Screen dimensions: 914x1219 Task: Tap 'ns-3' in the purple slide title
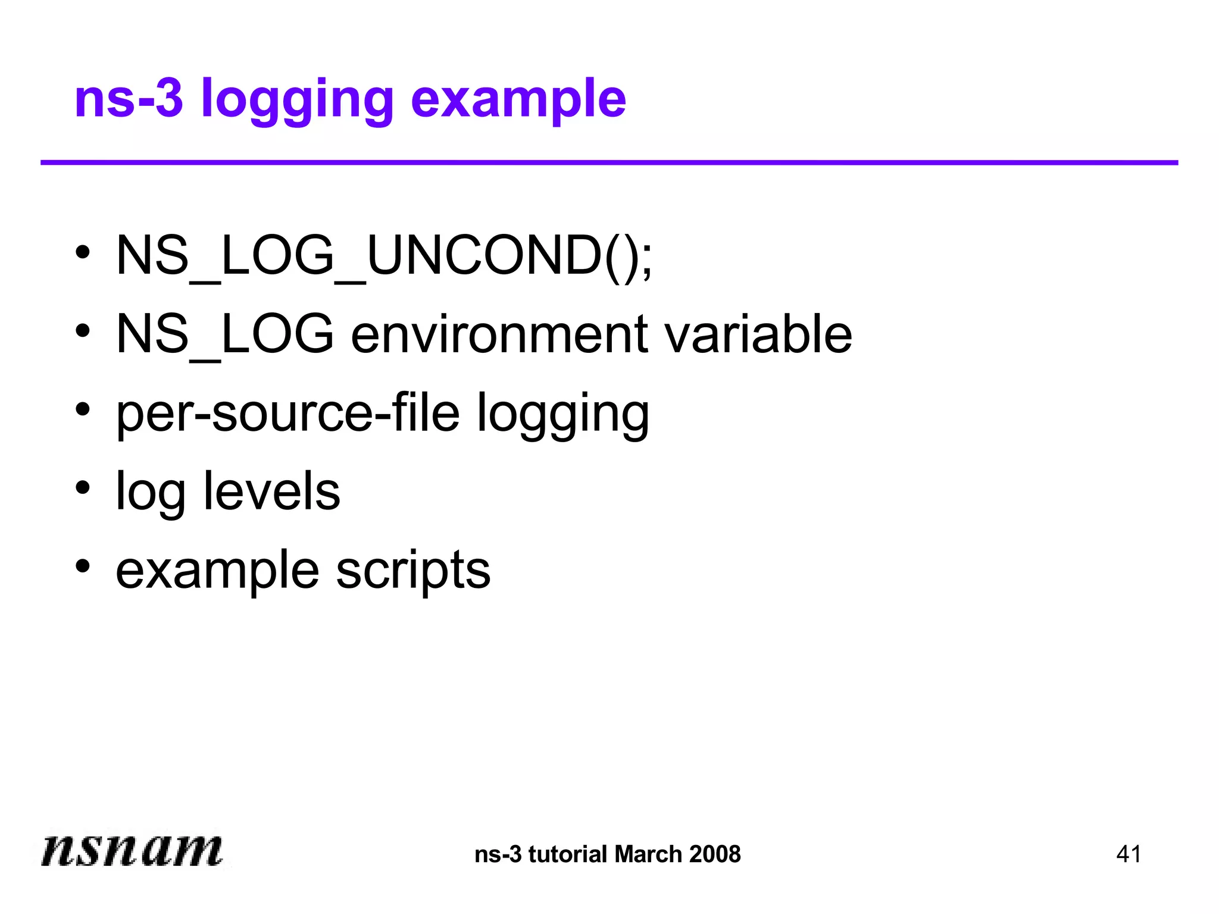click(x=129, y=98)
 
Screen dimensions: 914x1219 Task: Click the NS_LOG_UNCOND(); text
click(x=384, y=256)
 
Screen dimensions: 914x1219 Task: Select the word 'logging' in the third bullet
click(x=562, y=415)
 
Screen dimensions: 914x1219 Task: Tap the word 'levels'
click(x=271, y=492)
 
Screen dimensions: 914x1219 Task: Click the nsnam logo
click(x=132, y=850)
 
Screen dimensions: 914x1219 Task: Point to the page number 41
click(x=1129, y=854)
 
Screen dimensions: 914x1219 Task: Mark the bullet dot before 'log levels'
click(x=83, y=488)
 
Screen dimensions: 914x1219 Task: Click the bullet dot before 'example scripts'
click(x=83, y=566)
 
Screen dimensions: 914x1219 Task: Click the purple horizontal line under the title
click(x=609, y=162)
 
